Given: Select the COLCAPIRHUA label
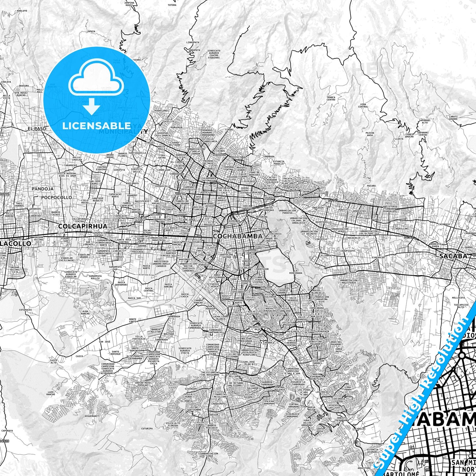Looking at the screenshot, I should pos(83,226).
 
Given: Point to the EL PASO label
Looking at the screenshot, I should pos(35,129).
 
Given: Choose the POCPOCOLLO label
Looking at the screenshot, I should pos(57,197).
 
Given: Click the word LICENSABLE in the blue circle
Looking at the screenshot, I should pos(97,126).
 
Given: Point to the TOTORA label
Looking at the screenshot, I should pos(172,5).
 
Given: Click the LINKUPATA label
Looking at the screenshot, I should pos(193,42).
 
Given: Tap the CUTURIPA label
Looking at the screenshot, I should pos(147,429).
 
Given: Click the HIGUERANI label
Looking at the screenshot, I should pos(91,416).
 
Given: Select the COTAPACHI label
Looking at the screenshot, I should pos(25,310).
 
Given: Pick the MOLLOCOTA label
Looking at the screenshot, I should pos(458,297).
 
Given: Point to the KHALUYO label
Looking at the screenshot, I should pos(13,11).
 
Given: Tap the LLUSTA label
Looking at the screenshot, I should pos(398,139).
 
